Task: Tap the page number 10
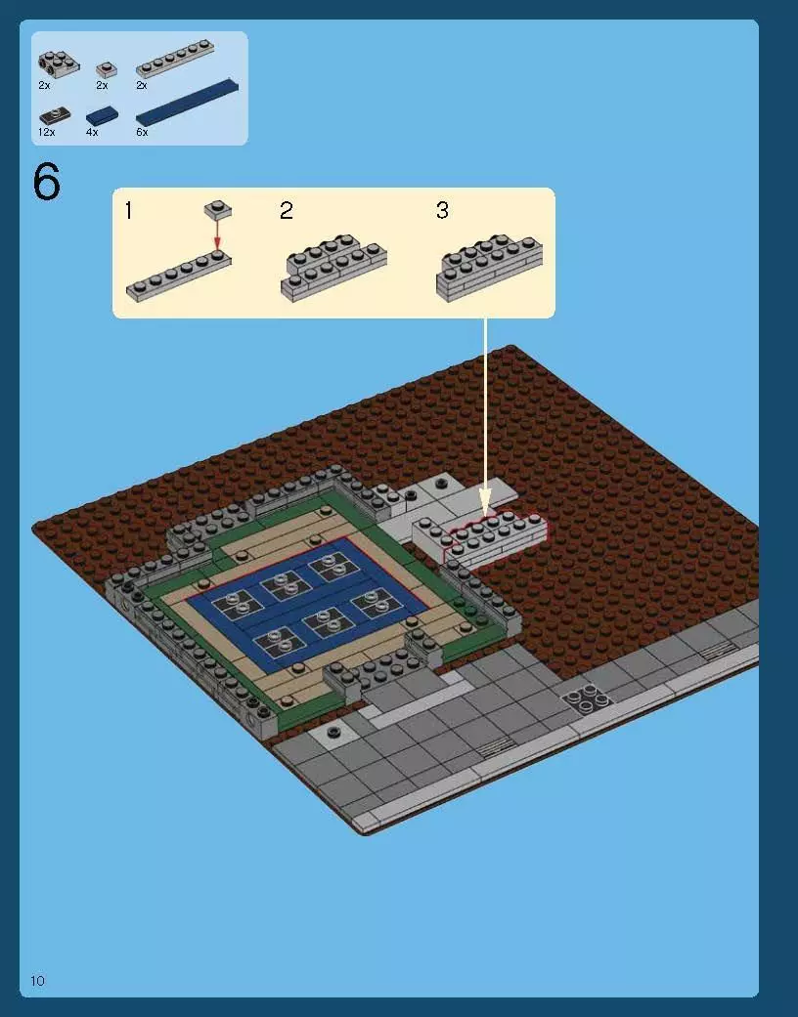click(x=38, y=981)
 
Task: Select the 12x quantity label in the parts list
click(x=46, y=132)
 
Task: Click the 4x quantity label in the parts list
click(x=92, y=132)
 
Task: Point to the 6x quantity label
click(x=142, y=132)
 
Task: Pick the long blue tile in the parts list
click(x=187, y=102)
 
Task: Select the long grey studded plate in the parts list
click(x=175, y=59)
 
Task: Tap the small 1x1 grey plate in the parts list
click(x=107, y=69)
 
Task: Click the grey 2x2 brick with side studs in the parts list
click(x=59, y=63)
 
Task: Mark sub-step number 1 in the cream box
click(x=128, y=210)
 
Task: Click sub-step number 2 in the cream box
click(x=287, y=210)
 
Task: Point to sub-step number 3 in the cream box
click(x=442, y=210)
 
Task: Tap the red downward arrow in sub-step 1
click(x=217, y=233)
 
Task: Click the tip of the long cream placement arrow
click(x=485, y=517)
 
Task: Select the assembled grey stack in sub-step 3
click(x=490, y=268)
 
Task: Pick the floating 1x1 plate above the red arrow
click(x=218, y=209)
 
